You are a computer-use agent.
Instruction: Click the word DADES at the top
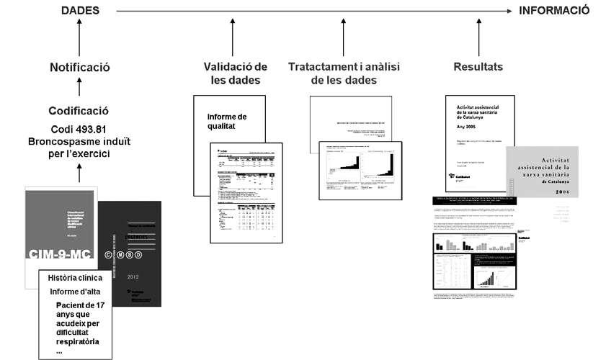[79, 11]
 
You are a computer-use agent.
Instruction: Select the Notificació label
[79, 68]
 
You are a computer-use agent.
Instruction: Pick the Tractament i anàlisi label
[344, 67]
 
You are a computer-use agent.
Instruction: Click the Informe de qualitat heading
[226, 122]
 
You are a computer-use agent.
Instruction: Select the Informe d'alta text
[75, 292]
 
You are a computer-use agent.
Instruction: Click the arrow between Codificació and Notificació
[79, 89]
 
